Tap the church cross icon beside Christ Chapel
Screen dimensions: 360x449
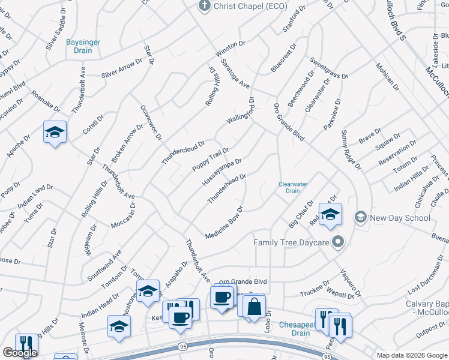coord(203,5)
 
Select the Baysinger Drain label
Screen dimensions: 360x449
coord(83,46)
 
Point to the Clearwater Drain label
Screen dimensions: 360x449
coord(292,187)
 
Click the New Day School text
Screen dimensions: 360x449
coord(400,218)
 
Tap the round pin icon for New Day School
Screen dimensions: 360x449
coord(361,217)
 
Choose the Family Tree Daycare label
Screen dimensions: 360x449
coord(291,242)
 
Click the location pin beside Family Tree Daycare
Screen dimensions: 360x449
coord(339,242)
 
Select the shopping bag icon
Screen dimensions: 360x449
coord(255,306)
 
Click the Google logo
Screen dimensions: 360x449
coord(20,353)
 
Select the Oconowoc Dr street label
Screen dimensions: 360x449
coord(151,123)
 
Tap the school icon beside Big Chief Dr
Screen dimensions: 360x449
coord(330,214)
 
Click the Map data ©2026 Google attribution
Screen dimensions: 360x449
coord(411,355)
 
